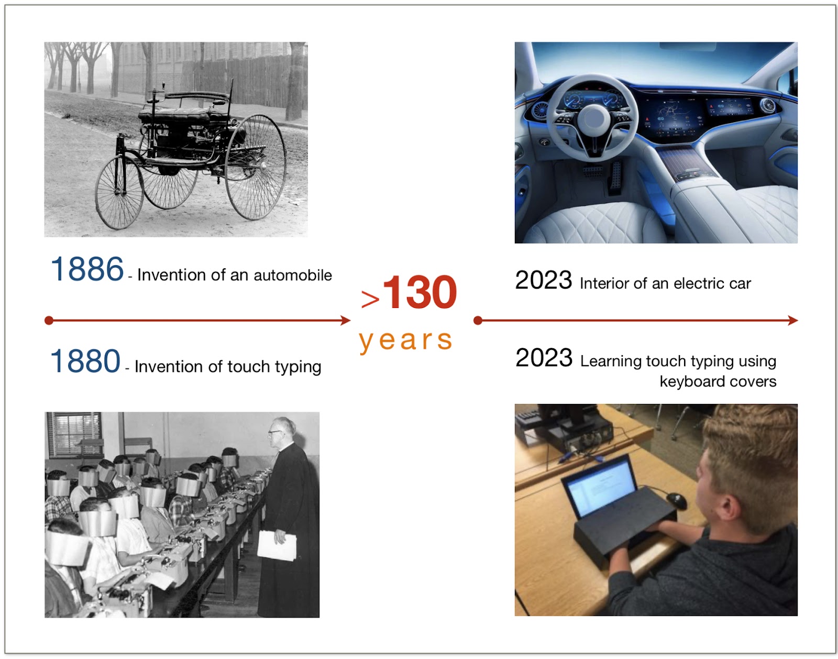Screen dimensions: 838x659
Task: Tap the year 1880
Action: [x=85, y=360]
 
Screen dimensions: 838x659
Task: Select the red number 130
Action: [x=420, y=292]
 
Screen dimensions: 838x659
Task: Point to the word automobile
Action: [x=292, y=276]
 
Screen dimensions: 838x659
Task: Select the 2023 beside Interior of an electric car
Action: [x=543, y=280]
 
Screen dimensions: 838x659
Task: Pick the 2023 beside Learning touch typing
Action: [x=544, y=358]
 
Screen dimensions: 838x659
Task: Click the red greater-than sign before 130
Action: [x=370, y=299]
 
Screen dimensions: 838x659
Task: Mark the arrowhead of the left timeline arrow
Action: [x=345, y=320]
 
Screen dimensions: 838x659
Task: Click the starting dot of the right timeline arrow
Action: [x=478, y=320]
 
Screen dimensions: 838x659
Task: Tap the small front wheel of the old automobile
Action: [x=119, y=192]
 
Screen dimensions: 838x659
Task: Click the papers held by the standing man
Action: [x=277, y=545]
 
